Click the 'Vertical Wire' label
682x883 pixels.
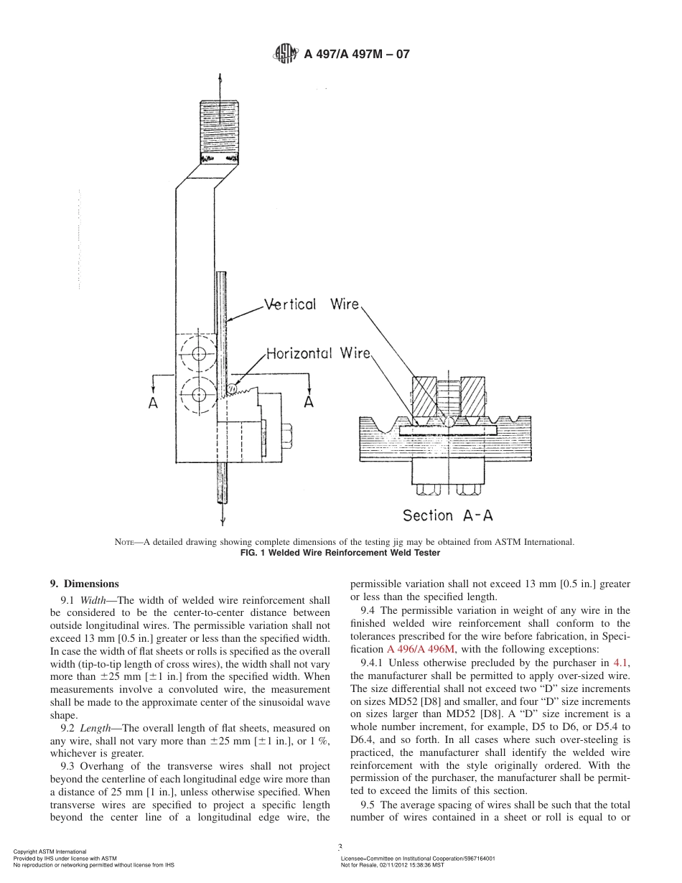(x=311, y=304)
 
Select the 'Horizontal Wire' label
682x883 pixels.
(x=318, y=353)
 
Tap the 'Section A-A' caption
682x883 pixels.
(x=447, y=515)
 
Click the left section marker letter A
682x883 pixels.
(x=154, y=403)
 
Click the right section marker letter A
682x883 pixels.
(x=308, y=402)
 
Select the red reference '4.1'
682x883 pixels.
(x=622, y=663)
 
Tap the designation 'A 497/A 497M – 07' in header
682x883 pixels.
(x=356, y=54)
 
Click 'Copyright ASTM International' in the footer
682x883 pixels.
(x=50, y=851)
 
